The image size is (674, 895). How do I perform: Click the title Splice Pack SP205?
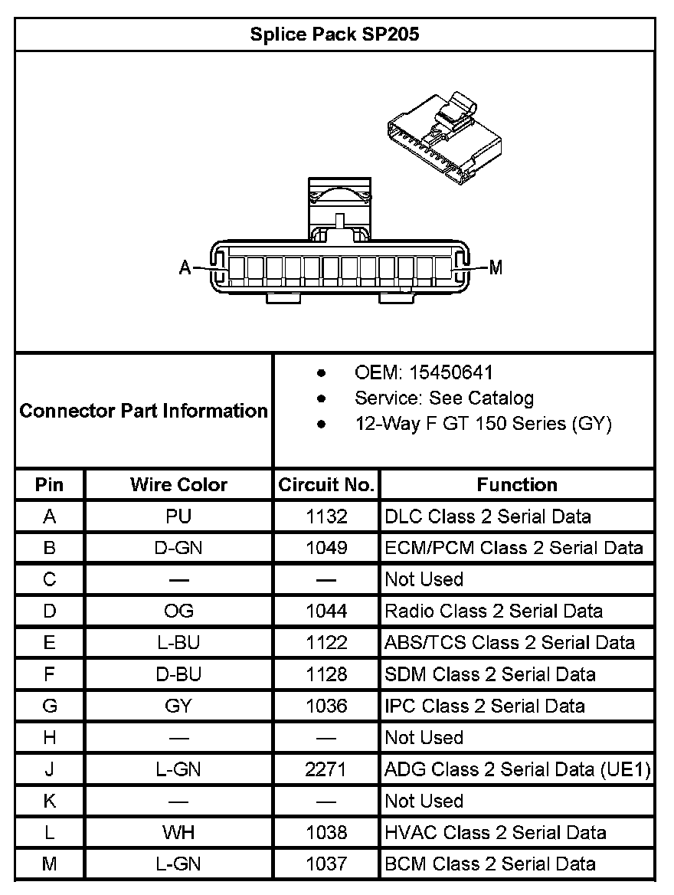(x=335, y=34)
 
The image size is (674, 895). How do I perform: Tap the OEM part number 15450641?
(x=450, y=373)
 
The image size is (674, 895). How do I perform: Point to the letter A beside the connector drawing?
(x=185, y=267)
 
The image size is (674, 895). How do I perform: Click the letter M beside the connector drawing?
(x=496, y=267)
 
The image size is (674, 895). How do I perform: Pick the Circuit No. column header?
(x=326, y=485)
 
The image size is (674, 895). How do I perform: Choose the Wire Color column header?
(x=178, y=485)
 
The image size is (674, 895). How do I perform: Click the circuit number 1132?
(x=326, y=516)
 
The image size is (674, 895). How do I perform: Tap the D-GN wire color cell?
(x=178, y=548)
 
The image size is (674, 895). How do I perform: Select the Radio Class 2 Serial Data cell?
(x=493, y=611)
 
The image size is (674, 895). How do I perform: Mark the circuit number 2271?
(x=326, y=769)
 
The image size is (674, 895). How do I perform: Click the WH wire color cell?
(x=178, y=832)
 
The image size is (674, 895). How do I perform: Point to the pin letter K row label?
(x=50, y=801)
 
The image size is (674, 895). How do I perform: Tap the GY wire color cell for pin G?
(x=178, y=706)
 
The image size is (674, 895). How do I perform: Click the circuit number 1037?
(x=326, y=864)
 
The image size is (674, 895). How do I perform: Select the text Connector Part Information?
(x=144, y=411)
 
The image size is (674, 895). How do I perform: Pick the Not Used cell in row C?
(x=424, y=579)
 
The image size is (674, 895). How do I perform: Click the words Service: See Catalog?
(x=444, y=398)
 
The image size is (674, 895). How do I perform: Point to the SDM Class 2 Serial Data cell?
(x=490, y=674)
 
